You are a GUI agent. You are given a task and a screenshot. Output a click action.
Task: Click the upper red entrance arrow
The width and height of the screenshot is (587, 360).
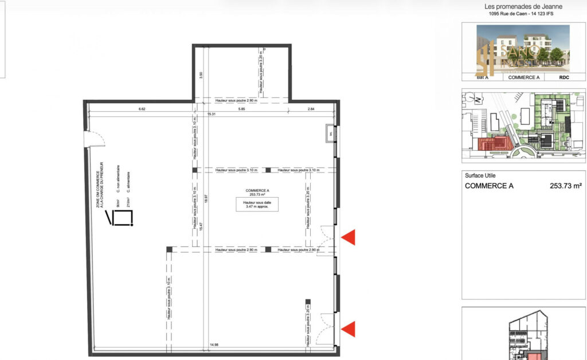349,237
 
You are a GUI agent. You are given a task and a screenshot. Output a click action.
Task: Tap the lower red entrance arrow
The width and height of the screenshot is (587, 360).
349,328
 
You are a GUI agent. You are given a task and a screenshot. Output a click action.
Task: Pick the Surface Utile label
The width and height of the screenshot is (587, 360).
480,175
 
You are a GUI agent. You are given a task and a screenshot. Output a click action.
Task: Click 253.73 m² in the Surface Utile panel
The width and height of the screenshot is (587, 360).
565,186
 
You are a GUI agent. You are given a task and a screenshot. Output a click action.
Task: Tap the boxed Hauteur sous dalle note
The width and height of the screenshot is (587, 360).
256,205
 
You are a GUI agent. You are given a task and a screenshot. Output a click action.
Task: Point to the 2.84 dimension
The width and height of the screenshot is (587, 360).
311,108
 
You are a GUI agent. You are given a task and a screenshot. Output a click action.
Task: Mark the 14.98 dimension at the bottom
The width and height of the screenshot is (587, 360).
214,345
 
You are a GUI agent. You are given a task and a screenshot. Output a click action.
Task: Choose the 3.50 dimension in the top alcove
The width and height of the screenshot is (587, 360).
201,75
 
